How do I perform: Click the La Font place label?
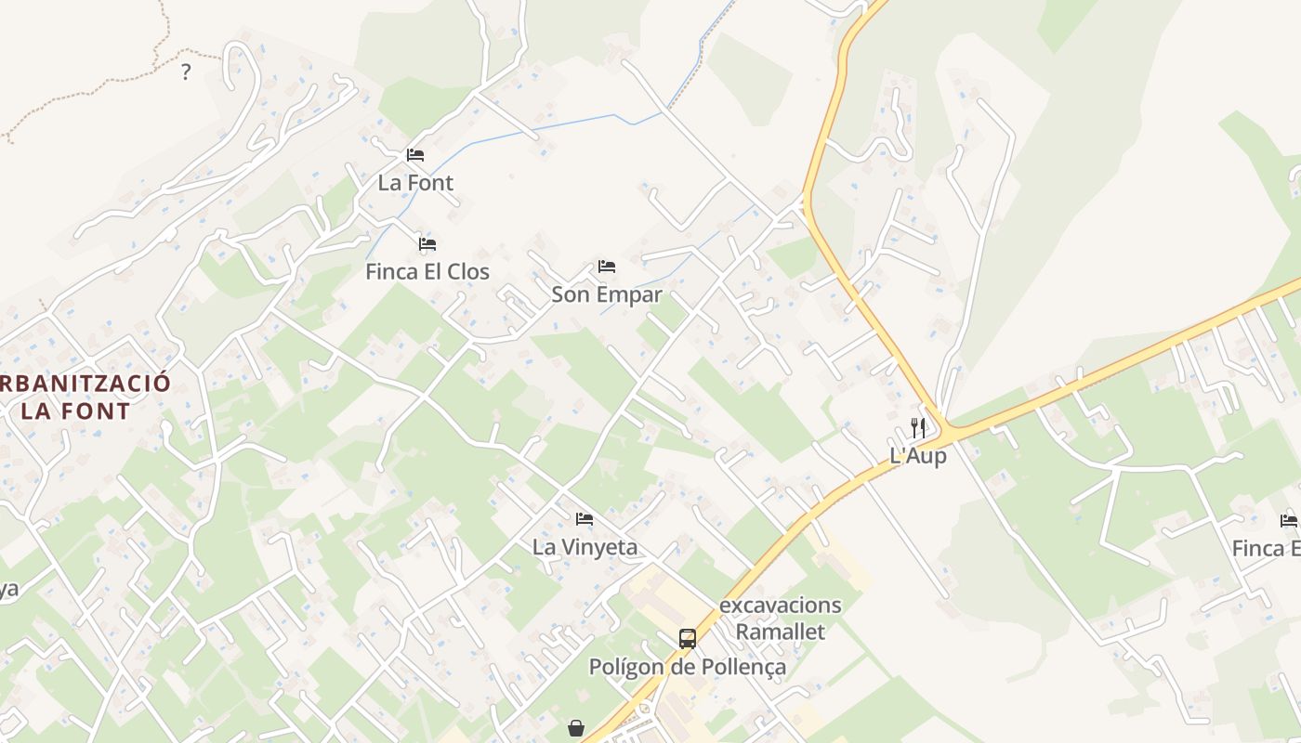(x=415, y=183)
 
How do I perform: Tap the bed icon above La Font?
(x=415, y=155)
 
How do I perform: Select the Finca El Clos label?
(x=427, y=272)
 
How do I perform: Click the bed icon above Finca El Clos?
(x=427, y=244)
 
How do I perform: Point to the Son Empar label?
(x=607, y=294)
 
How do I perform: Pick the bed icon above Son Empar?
(x=607, y=267)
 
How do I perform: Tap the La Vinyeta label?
(x=585, y=547)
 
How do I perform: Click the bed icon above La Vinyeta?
(x=585, y=519)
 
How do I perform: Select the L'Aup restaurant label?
(x=918, y=456)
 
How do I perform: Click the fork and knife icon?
(x=918, y=428)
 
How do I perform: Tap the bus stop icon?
(x=688, y=639)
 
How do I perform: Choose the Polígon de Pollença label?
(x=688, y=667)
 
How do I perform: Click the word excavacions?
(x=781, y=606)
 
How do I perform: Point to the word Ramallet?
(x=781, y=632)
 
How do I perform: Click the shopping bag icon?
(x=576, y=728)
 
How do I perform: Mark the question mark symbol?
(x=186, y=72)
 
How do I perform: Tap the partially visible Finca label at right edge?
(x=1266, y=549)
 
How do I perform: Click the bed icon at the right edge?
(x=1289, y=520)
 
